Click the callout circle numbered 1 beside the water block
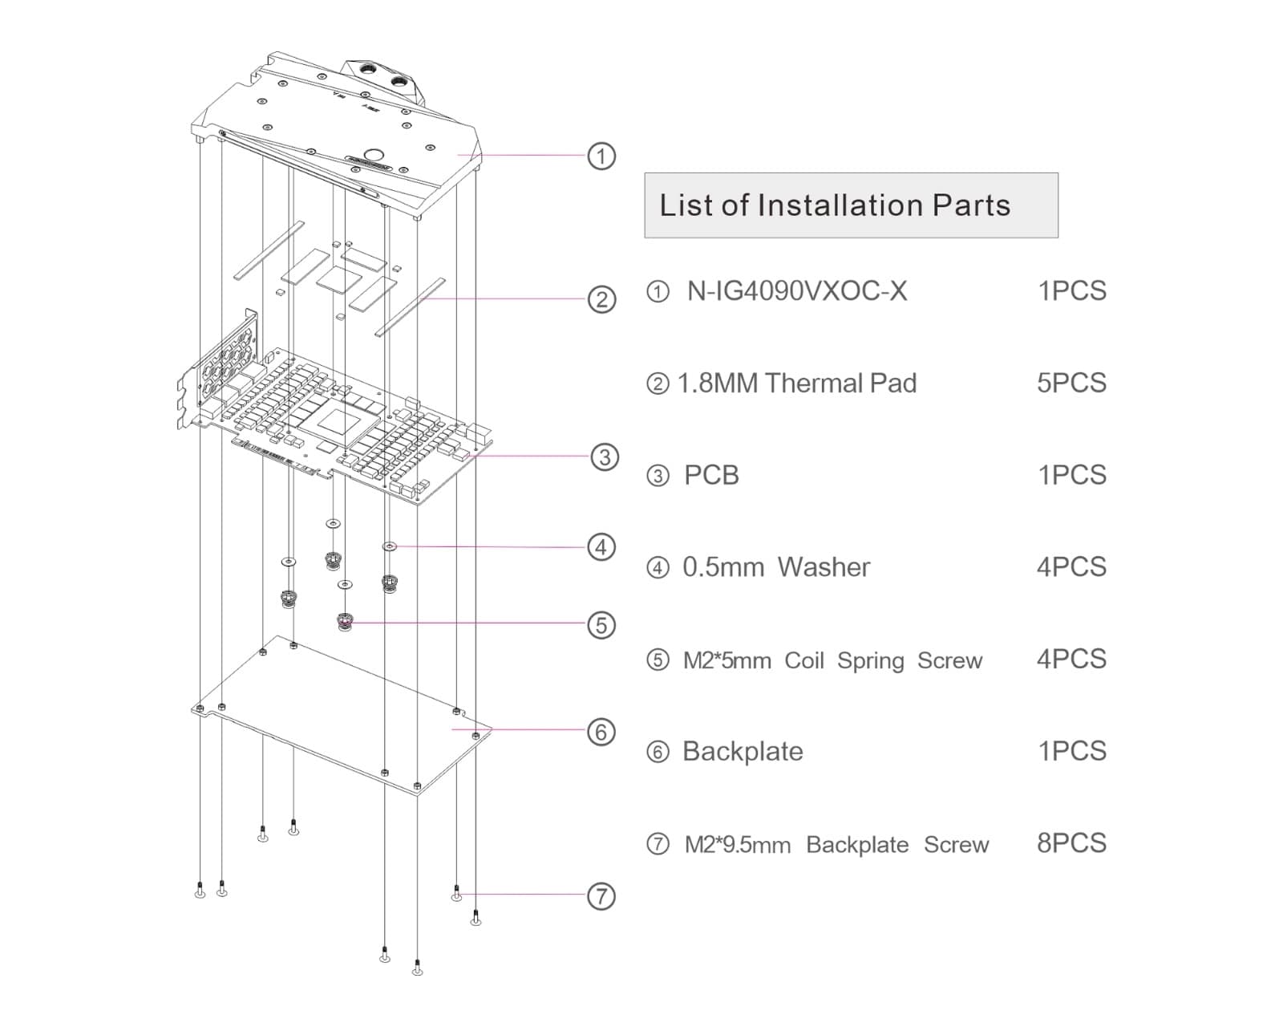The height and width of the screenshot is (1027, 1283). click(601, 156)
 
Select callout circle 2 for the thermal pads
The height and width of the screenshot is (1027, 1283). click(601, 300)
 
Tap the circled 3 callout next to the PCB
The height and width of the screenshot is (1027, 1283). click(605, 457)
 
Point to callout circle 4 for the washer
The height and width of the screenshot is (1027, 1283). click(601, 547)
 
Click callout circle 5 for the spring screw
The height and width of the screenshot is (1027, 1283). click(601, 625)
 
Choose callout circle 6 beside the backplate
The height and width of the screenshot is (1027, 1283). click(601, 732)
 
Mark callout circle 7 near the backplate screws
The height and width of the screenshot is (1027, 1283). click(601, 896)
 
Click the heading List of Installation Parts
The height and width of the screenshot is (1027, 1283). click(835, 205)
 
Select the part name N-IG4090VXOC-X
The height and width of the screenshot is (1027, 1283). click(797, 290)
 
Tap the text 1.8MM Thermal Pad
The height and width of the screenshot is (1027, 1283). click(797, 384)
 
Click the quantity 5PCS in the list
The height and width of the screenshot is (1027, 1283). click(1071, 383)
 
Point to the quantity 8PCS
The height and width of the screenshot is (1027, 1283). click(1071, 843)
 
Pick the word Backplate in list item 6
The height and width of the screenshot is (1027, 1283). click(743, 752)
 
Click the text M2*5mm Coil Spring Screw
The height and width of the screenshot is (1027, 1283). click(832, 660)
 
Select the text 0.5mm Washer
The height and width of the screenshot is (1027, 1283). click(776, 567)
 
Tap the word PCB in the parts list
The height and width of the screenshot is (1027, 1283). click(711, 475)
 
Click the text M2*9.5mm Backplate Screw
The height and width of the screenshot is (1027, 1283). click(836, 845)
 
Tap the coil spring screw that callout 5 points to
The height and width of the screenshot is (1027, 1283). click(345, 621)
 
